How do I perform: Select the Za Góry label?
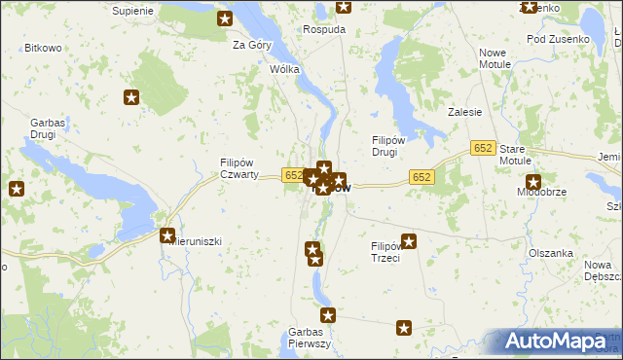click(x=251, y=45)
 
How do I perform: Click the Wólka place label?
click(x=284, y=70)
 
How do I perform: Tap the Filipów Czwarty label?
click(x=238, y=168)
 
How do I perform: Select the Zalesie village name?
click(x=465, y=112)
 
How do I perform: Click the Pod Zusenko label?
click(x=558, y=39)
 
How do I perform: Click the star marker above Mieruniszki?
click(x=167, y=235)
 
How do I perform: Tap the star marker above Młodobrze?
click(x=533, y=181)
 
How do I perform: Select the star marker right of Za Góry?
click(x=225, y=18)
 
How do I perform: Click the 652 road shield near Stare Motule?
click(x=484, y=147)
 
